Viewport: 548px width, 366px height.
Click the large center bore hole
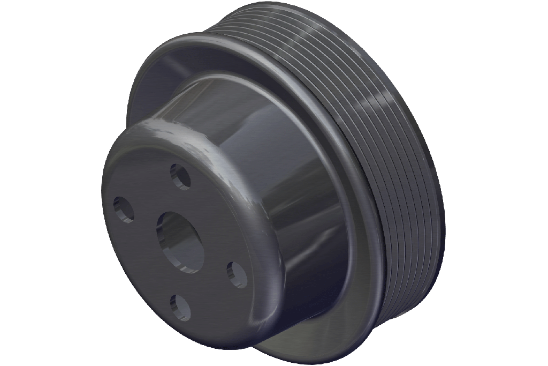coord(180,241)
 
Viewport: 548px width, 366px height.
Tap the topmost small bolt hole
coord(180,176)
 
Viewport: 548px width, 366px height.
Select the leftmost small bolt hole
coord(123,209)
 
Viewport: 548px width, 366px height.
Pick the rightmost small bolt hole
coord(237,275)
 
